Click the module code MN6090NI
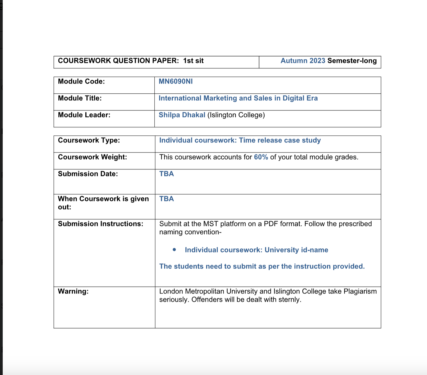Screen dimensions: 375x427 [x=176, y=81]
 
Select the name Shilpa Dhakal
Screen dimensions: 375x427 [x=182, y=115]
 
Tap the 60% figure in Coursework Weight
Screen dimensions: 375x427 [x=261, y=157]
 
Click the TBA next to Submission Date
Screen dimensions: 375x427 [x=167, y=174]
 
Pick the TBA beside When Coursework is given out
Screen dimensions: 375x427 [x=167, y=199]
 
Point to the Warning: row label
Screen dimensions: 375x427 [x=73, y=291]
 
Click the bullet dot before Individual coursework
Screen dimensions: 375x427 [x=174, y=250]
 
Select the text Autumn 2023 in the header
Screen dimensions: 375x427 [x=303, y=61]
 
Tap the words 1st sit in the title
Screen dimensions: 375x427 [x=193, y=61]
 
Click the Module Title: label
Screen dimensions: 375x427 [x=80, y=98]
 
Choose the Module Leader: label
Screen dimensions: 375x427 [x=84, y=115]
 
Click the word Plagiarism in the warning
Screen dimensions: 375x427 [x=360, y=291]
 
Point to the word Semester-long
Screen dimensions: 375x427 [x=352, y=61]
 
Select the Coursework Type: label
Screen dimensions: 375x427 [x=89, y=140]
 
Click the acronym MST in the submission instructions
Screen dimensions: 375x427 [x=211, y=224]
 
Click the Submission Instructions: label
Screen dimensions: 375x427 [x=100, y=224]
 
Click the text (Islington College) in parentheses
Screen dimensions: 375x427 [x=236, y=115]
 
